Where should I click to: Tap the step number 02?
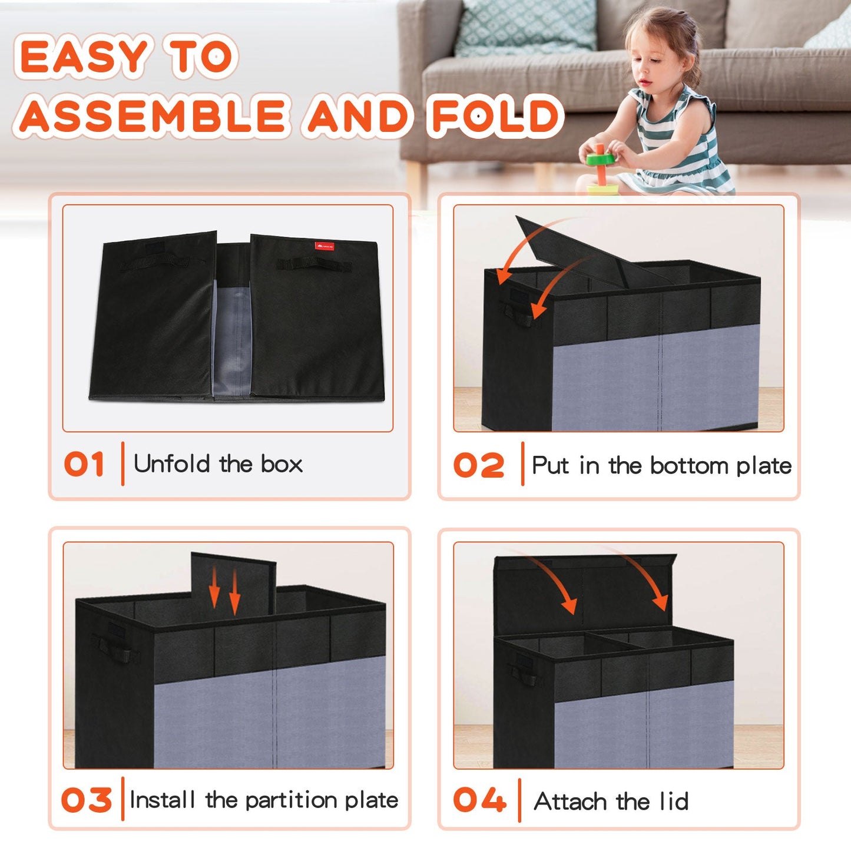[x=479, y=465]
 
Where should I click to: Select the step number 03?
[x=87, y=800]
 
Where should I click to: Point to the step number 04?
[x=479, y=800]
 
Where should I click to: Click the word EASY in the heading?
[x=84, y=57]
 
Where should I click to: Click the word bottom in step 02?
[x=690, y=466]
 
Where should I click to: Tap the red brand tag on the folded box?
[x=324, y=246]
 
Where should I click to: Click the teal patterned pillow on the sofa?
[x=525, y=27]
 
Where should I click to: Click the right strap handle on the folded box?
[x=314, y=264]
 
